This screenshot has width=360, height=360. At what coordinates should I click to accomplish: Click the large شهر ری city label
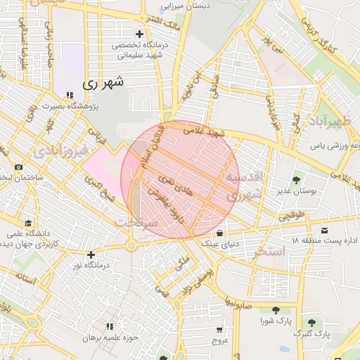pos(103,82)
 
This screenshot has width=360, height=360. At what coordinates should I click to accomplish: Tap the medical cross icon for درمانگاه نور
pos(91,255)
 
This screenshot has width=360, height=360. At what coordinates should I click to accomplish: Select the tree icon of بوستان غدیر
pos(296,179)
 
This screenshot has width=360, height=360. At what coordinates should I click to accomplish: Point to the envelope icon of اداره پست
pos(324,230)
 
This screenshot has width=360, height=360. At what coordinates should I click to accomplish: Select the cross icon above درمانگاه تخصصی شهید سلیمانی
pos(139,34)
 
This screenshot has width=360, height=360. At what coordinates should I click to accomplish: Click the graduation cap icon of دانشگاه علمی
pos(27,222)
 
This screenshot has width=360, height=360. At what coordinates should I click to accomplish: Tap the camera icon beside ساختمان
pos(18,167)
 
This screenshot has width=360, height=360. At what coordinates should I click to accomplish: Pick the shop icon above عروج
pos(220,329)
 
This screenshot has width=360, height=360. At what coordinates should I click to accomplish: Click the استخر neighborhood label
pos(271,251)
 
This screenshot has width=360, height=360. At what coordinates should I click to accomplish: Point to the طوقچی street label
pos(292,219)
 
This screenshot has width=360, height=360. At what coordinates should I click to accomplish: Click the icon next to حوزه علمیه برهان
pos(110,327)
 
